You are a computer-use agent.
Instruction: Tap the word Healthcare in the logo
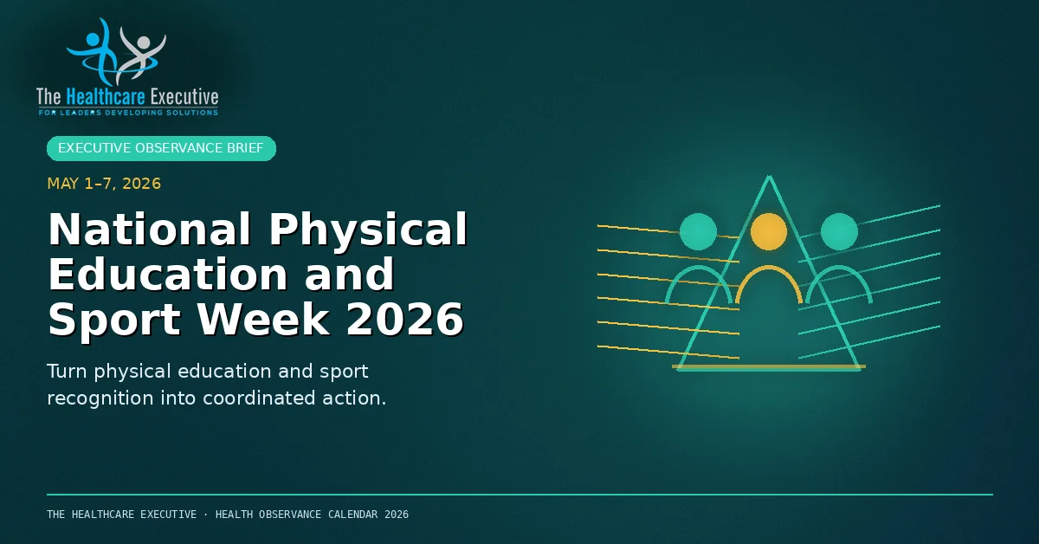click(x=106, y=97)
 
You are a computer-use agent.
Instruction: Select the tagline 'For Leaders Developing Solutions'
click(x=128, y=113)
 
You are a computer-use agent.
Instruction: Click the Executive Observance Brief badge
click(x=161, y=148)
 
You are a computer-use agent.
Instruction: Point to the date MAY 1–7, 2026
click(x=104, y=184)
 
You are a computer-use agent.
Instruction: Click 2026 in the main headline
click(x=404, y=320)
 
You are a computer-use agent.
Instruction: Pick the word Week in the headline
click(x=263, y=320)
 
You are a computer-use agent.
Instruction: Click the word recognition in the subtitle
click(x=100, y=398)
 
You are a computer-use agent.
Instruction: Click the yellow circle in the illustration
click(x=769, y=231)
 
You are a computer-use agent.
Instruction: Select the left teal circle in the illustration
click(x=698, y=231)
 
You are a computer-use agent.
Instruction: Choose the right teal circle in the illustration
click(x=839, y=231)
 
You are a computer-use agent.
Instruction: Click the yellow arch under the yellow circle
click(x=769, y=268)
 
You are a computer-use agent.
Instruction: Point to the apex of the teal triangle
click(x=769, y=176)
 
